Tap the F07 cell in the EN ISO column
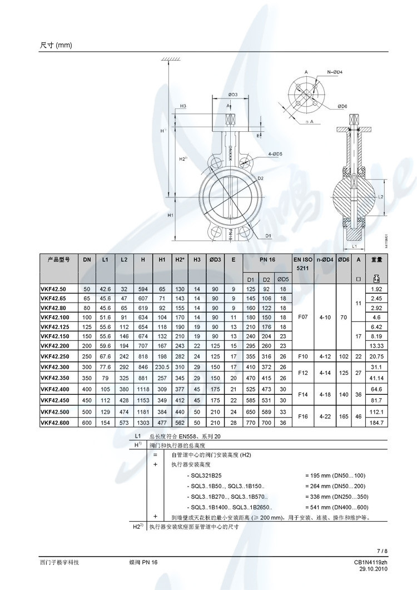(x=302, y=316)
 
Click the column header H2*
(x=180, y=260)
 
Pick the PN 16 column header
(x=267, y=260)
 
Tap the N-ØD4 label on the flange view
(x=334, y=72)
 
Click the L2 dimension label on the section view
(x=381, y=197)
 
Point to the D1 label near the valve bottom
(x=268, y=236)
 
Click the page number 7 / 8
(x=381, y=551)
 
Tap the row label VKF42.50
(x=52, y=289)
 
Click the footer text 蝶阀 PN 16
(x=143, y=563)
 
